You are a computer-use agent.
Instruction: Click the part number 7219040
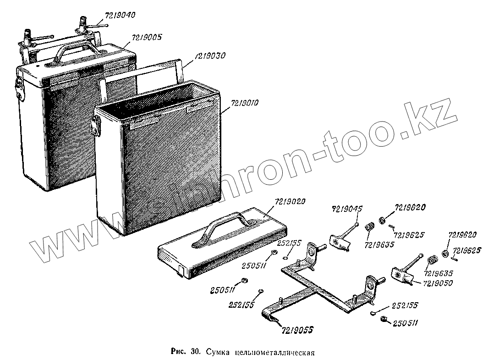coord(120,16)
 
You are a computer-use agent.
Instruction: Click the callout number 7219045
coord(347,209)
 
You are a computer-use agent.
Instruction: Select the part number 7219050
coord(437,283)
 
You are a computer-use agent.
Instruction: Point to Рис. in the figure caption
coord(177,352)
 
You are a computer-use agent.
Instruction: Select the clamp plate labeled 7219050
coord(402,275)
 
